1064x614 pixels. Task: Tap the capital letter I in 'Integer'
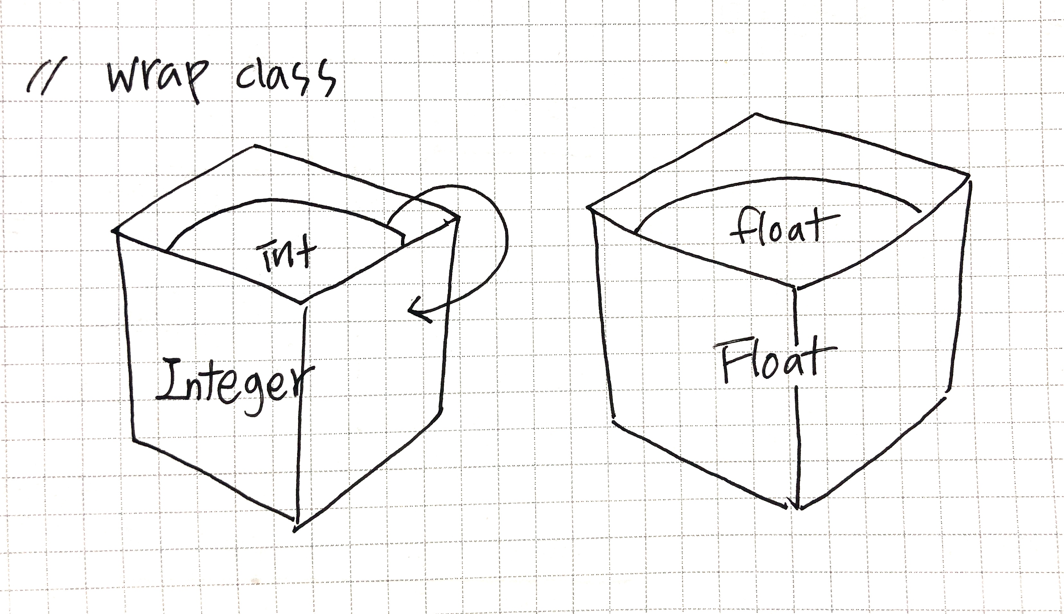[171, 380]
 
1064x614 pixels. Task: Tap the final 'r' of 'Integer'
[303, 386]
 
